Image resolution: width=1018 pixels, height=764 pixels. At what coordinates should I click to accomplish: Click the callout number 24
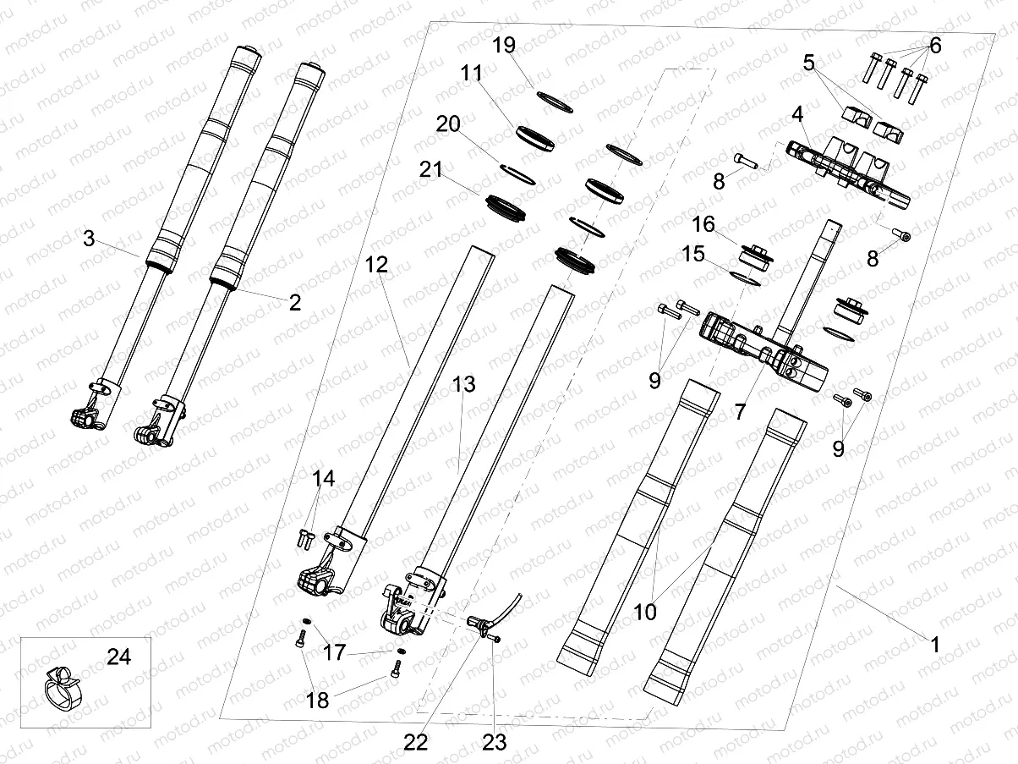click(119, 657)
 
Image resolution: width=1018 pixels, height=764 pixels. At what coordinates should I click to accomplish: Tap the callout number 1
click(934, 645)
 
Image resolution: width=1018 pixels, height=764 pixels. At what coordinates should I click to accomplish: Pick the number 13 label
click(463, 384)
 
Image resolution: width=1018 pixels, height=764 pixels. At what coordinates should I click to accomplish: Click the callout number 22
click(416, 742)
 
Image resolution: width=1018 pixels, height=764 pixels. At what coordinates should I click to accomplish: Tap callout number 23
click(494, 742)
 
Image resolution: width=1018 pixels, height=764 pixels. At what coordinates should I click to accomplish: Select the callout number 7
click(740, 412)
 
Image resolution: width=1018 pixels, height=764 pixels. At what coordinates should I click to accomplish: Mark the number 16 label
click(703, 224)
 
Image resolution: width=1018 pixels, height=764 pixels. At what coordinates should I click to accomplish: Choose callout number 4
click(797, 113)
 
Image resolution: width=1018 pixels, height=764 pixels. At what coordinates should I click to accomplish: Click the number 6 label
click(934, 46)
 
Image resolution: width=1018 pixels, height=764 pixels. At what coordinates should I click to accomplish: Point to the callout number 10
click(645, 611)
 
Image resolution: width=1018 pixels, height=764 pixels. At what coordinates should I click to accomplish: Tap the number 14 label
click(324, 479)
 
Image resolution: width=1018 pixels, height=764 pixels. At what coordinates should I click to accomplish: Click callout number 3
click(89, 239)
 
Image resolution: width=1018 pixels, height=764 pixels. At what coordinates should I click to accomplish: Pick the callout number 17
click(335, 652)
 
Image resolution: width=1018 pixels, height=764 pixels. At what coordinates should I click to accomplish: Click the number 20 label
click(448, 124)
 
